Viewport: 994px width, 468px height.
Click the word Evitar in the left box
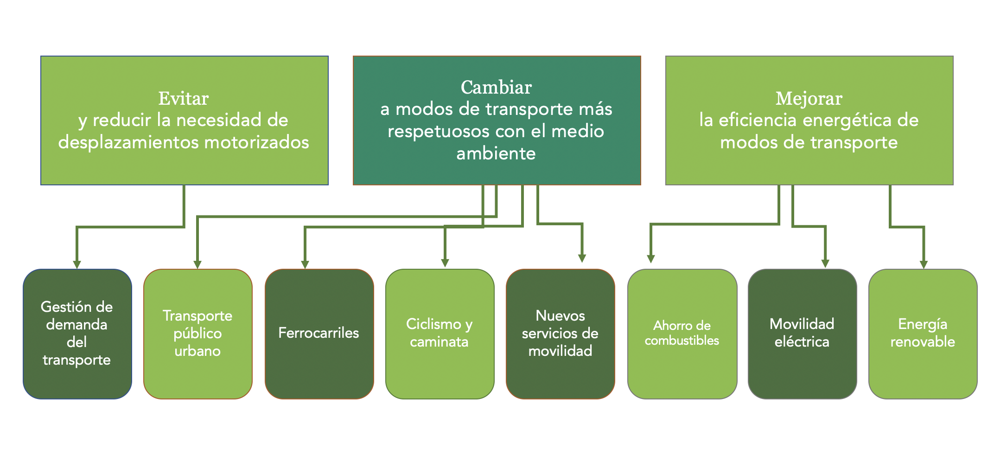click(184, 99)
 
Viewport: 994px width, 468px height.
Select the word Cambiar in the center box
click(496, 88)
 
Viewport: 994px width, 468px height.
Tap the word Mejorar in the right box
click(809, 99)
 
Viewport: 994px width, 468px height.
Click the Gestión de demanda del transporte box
click(77, 334)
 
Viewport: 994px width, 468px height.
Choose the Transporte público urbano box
click(198, 334)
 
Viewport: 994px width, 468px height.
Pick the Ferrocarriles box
click(319, 334)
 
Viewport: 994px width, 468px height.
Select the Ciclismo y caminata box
click(440, 334)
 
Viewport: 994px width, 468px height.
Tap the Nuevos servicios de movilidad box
click(560, 334)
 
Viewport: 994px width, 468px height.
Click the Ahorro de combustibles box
click(682, 334)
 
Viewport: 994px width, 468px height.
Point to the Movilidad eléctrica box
click(802, 334)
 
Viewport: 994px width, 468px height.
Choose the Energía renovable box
click(923, 334)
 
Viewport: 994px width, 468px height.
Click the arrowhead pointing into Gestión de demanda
click(77, 264)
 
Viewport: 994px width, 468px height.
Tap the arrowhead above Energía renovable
click(924, 264)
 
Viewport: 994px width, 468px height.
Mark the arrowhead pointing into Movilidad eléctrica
click(825, 263)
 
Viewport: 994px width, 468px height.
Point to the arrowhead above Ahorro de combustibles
click(651, 259)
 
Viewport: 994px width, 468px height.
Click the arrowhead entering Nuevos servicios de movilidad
click(582, 258)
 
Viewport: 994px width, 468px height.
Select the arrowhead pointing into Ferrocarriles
click(305, 264)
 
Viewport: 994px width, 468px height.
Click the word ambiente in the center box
click(496, 154)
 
